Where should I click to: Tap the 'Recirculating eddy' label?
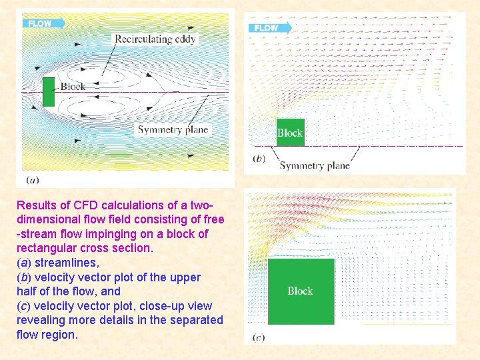pos(155,39)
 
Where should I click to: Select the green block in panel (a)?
pos(48,91)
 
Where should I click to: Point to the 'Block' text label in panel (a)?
pos(72,87)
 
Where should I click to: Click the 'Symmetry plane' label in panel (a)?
pos(173,130)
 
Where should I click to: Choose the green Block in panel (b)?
pos(290,133)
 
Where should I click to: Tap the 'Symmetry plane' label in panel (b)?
pos(314,165)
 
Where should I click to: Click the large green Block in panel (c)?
pos(300,291)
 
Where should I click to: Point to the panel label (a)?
pos(32,179)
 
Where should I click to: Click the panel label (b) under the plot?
pos(259,158)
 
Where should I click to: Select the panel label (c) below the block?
pos(259,337)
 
